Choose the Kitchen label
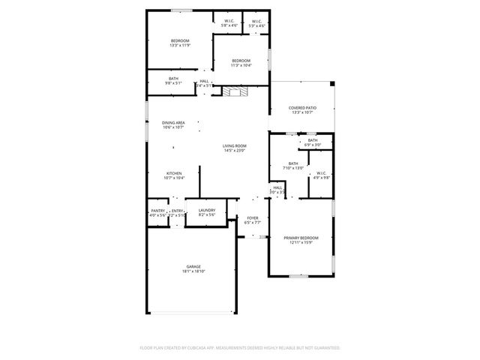173,175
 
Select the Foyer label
253,220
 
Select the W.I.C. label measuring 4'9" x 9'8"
320,175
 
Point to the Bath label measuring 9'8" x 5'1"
173,80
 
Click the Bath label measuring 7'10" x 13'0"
293,165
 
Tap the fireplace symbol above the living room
237,91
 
